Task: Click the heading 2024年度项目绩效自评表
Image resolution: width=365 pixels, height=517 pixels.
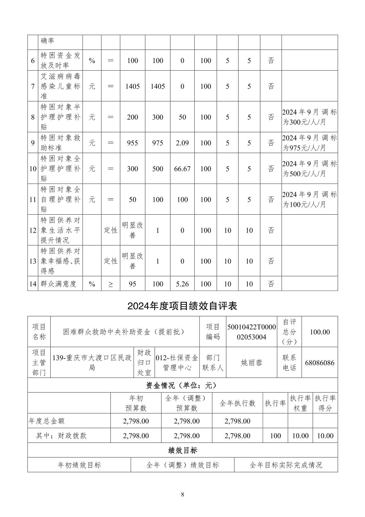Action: click(182, 306)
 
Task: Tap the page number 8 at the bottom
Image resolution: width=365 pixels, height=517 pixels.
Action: click(182, 495)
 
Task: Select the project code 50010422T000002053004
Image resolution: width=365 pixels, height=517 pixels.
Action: click(251, 332)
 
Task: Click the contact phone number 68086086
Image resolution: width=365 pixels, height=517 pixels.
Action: click(319, 363)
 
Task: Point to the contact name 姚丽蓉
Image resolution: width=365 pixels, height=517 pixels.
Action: click(251, 363)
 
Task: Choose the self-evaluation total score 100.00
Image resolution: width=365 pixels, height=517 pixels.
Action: click(319, 332)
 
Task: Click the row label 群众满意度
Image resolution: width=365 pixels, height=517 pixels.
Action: click(58, 284)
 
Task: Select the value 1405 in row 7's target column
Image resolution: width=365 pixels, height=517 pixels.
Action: click(132, 86)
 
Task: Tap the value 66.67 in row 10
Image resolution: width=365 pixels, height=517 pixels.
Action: click(182, 169)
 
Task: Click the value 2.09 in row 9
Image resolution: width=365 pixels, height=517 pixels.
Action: click(182, 143)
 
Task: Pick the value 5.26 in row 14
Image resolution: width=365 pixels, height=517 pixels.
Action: click(182, 284)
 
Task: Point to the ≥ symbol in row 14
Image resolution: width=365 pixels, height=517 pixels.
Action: click(110, 284)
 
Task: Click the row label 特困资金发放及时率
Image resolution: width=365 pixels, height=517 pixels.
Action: click(60, 61)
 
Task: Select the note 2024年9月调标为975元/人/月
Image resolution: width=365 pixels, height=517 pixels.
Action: click(309, 143)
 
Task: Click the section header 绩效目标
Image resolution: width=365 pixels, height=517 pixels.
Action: click(182, 450)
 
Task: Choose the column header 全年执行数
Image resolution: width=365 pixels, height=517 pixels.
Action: click(237, 403)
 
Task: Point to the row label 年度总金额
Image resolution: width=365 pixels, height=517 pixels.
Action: click(47, 421)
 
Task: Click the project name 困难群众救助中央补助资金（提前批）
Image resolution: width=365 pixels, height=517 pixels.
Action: click(124, 332)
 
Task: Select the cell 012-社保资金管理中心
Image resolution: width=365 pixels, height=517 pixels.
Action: click(177, 363)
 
